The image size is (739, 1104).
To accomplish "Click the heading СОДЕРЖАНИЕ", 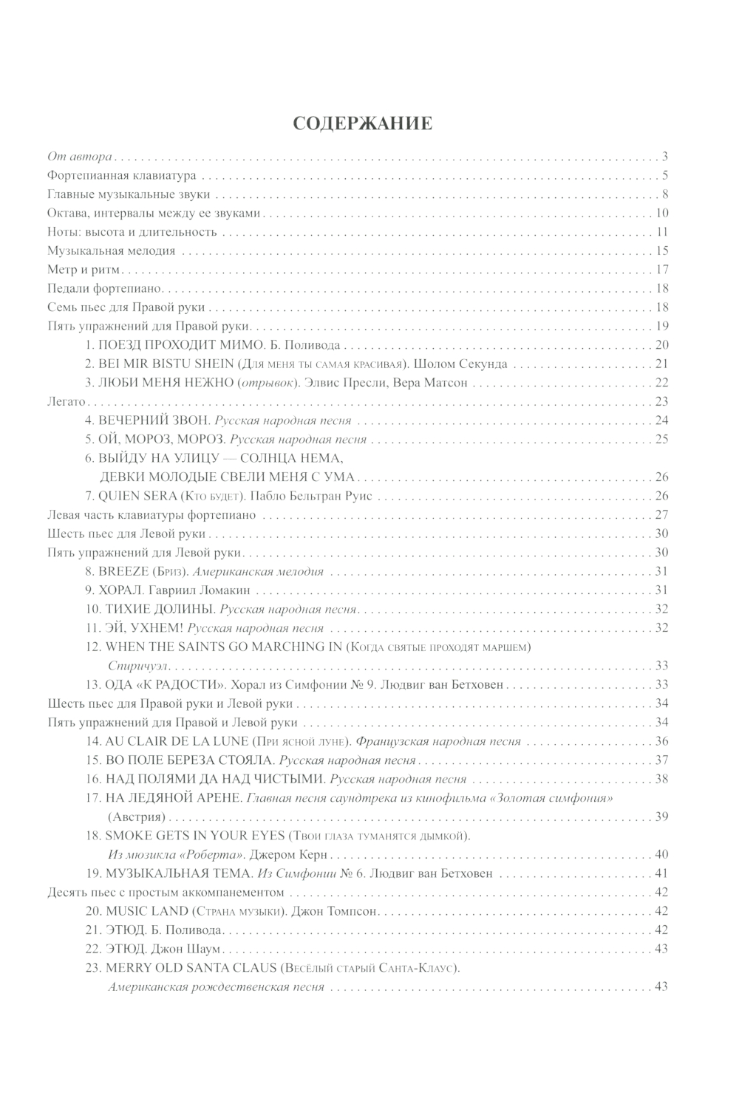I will click(362, 123).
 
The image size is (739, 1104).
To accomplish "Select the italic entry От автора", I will click(79, 157).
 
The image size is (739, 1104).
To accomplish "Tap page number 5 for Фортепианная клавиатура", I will click(665, 176).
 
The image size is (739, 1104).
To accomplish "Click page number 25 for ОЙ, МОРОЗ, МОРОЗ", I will click(661, 440).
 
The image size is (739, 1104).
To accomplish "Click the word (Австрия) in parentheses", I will click(135, 817).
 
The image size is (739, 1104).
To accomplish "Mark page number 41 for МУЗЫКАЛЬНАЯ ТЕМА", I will click(661, 873).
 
